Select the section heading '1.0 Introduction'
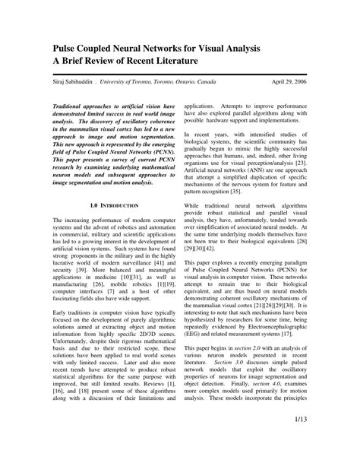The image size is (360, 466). (x=114, y=207)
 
